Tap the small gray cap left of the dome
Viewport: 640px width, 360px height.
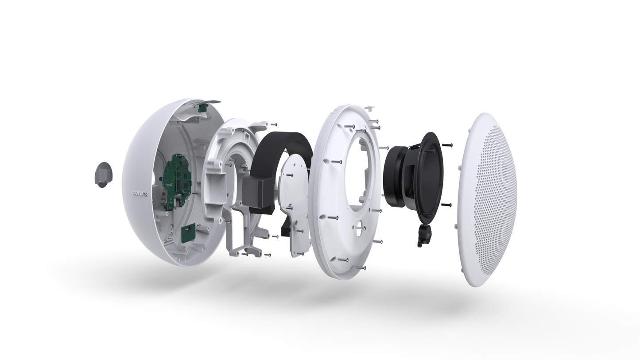[x=103, y=175]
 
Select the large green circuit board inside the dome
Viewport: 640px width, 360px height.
[x=177, y=181]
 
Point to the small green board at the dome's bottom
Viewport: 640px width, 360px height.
[x=188, y=233]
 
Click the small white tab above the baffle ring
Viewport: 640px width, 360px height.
[x=370, y=108]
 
